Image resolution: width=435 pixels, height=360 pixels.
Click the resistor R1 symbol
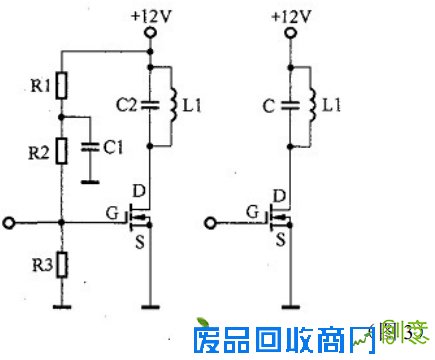point(61,87)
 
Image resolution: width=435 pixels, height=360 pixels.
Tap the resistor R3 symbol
point(61,265)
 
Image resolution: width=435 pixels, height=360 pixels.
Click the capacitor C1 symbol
point(89,146)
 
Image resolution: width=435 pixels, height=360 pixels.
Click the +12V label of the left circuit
point(150,16)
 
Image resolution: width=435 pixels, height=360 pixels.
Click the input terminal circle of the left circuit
point(9,221)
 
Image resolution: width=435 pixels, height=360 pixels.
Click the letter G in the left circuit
point(110,212)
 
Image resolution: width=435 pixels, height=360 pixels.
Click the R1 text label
point(40,87)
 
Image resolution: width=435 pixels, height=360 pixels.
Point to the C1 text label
point(114,147)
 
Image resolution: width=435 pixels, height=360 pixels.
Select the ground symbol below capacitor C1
point(89,183)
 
